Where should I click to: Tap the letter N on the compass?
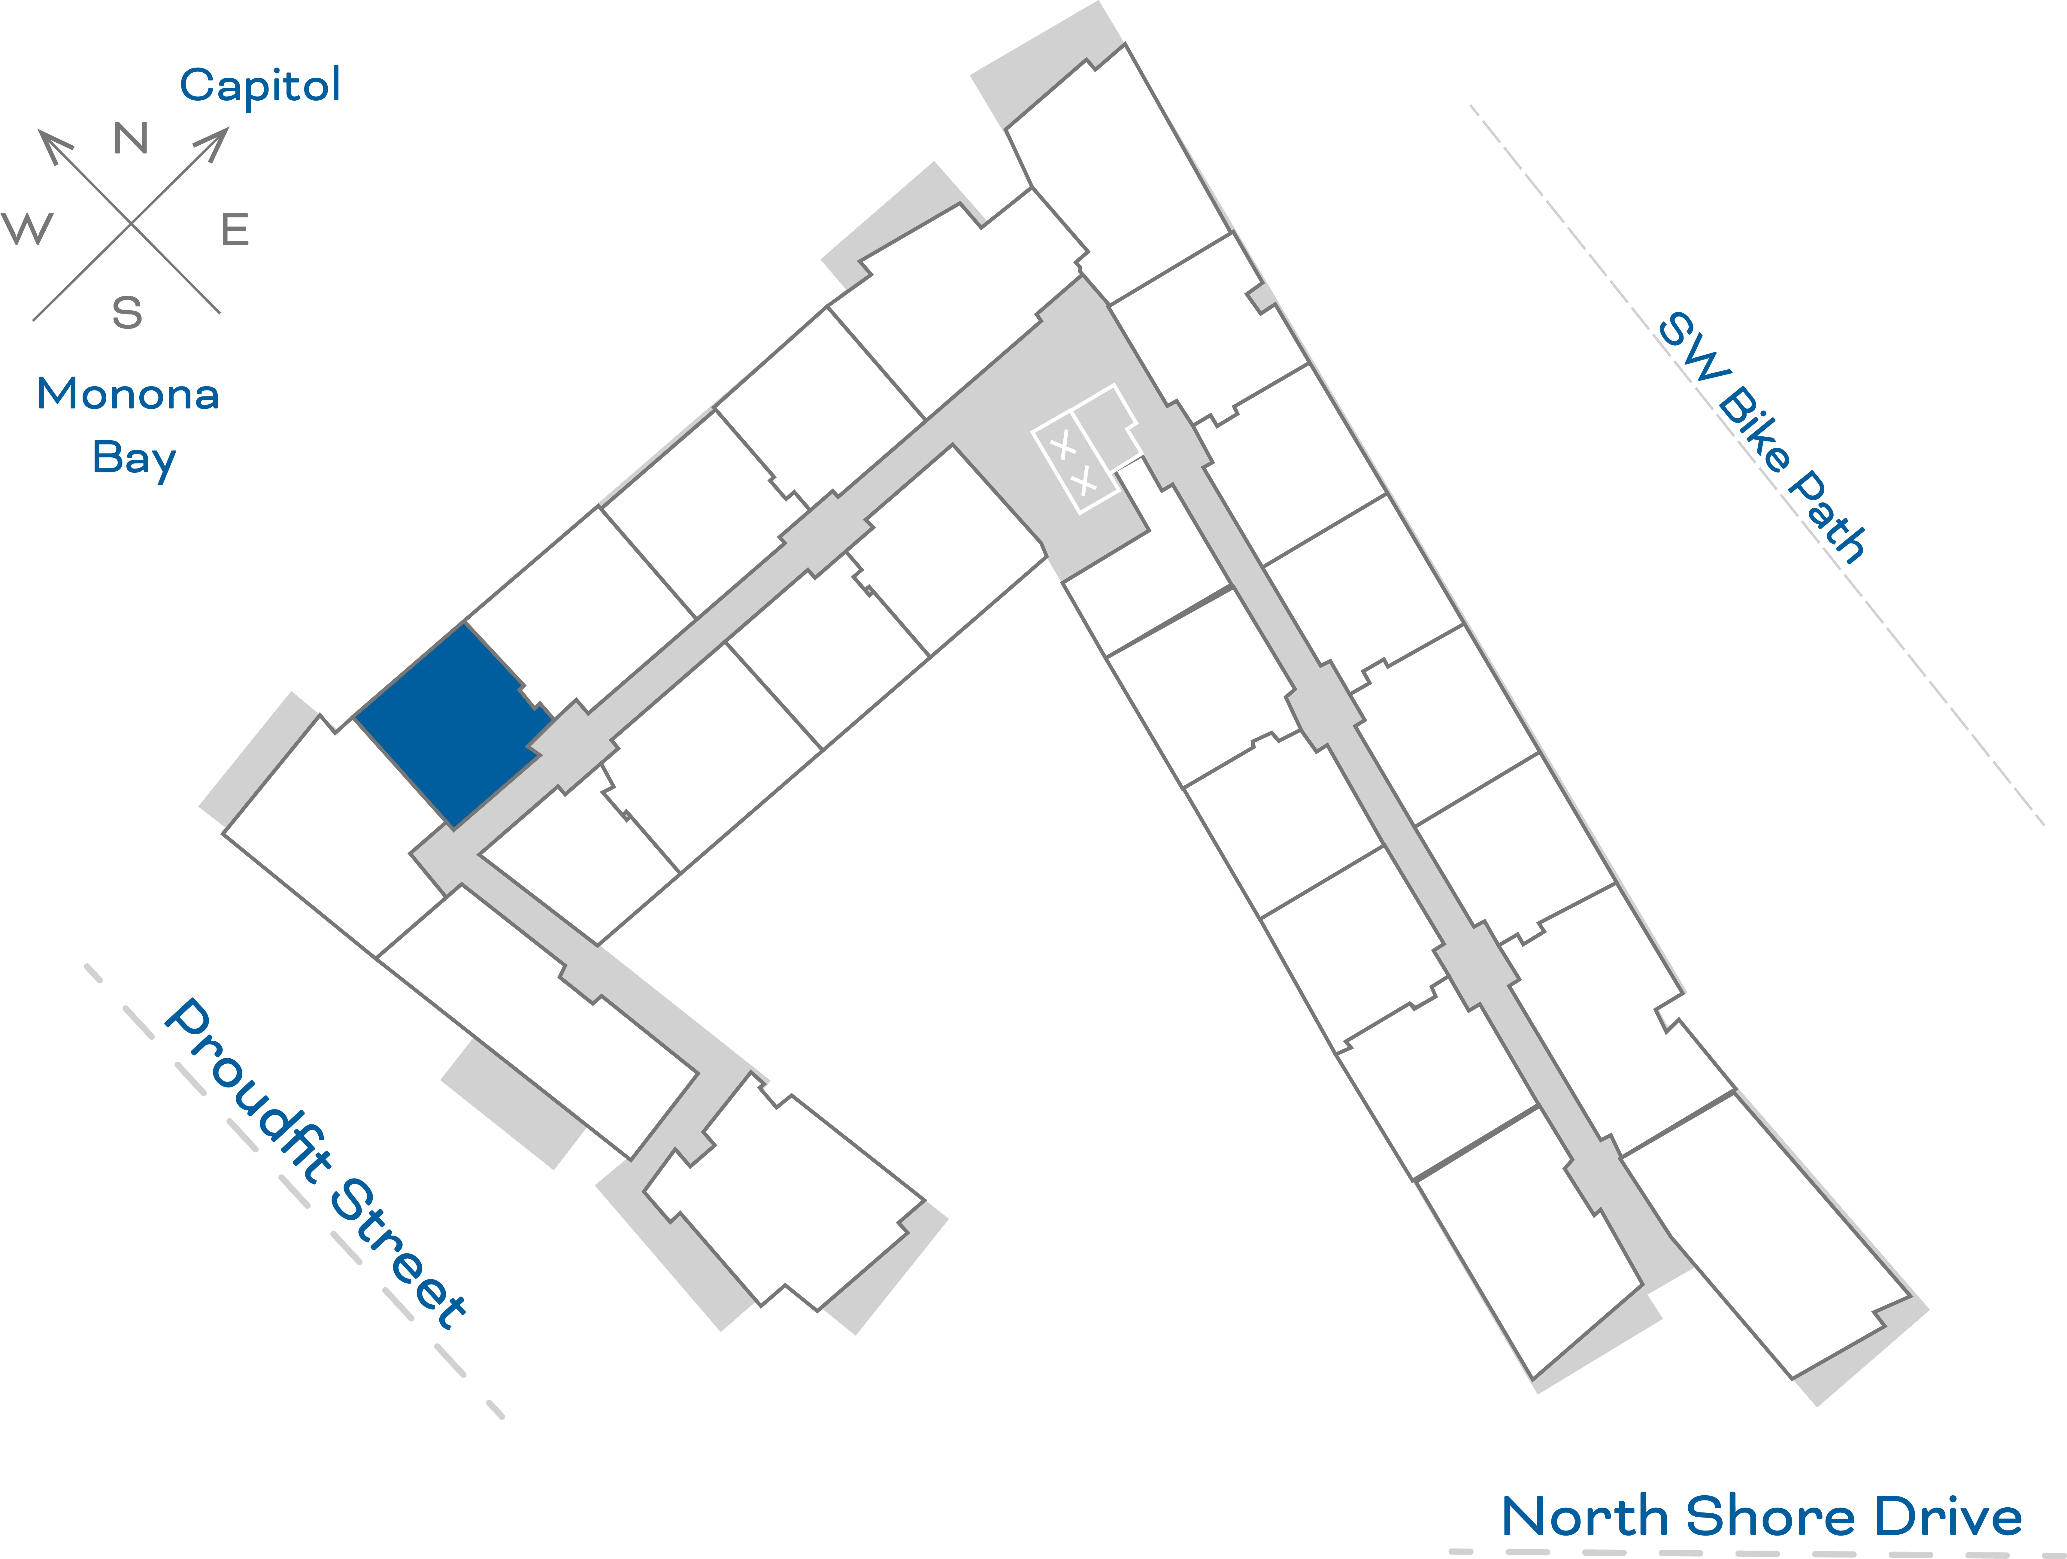coord(131,138)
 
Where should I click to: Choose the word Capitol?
coord(260,86)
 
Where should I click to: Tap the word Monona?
coord(128,394)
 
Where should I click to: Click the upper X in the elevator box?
coord(1062,447)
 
